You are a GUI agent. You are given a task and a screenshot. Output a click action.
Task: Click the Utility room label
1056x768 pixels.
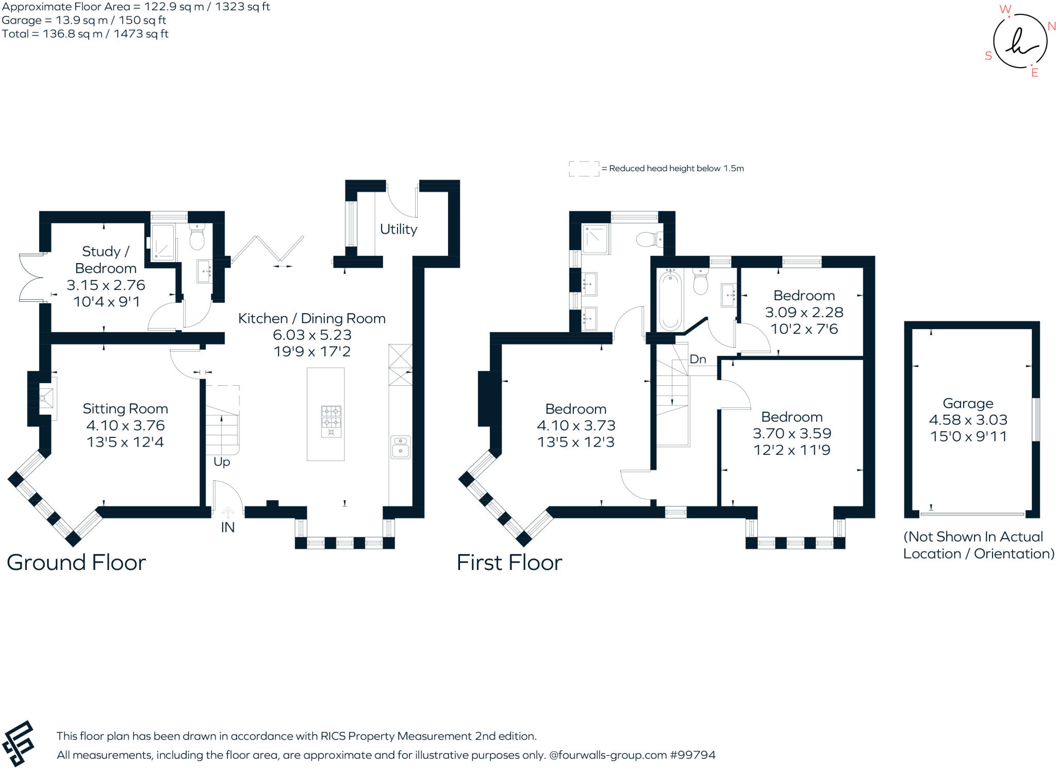(x=398, y=229)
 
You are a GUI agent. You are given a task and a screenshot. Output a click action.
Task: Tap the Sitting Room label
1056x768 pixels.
(x=125, y=408)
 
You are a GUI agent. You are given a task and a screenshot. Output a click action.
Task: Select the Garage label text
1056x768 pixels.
(x=968, y=403)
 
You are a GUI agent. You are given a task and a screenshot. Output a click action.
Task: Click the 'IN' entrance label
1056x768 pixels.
(x=227, y=527)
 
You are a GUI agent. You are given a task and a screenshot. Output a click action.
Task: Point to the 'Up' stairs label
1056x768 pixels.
(x=222, y=462)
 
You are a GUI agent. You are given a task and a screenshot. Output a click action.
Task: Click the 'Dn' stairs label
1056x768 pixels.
(x=697, y=359)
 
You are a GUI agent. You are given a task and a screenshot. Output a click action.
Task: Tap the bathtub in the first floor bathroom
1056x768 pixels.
(x=670, y=301)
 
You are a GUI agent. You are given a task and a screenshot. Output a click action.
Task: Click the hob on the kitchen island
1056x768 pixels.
(x=331, y=421)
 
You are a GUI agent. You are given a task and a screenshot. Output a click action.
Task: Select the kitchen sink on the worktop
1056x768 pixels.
(x=400, y=447)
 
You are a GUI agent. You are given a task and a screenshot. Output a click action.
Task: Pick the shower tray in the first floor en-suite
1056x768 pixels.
(x=595, y=238)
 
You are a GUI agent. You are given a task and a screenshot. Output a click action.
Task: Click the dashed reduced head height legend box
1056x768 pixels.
(x=584, y=169)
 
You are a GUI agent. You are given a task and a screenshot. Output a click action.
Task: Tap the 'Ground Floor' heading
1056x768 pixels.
(x=76, y=562)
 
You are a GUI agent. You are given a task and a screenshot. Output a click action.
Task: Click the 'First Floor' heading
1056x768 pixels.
(x=509, y=562)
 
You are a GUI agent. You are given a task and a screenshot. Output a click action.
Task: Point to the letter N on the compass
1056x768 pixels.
(x=1051, y=26)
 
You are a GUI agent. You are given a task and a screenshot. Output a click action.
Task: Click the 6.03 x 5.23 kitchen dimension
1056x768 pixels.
(x=312, y=335)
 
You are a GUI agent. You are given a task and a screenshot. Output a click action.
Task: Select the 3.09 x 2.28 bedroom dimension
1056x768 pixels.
(x=804, y=312)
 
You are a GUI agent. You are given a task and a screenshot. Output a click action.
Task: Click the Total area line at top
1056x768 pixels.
(x=85, y=34)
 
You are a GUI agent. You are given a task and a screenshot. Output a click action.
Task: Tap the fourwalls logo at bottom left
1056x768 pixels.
(x=18, y=743)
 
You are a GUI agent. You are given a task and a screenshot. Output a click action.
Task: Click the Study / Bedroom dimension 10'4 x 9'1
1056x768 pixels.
(x=106, y=302)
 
